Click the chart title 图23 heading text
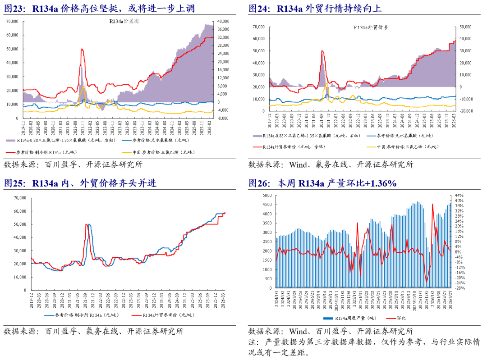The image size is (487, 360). point(100,8)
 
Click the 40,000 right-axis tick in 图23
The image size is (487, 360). point(224,21)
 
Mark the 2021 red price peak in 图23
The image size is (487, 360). point(82,49)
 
